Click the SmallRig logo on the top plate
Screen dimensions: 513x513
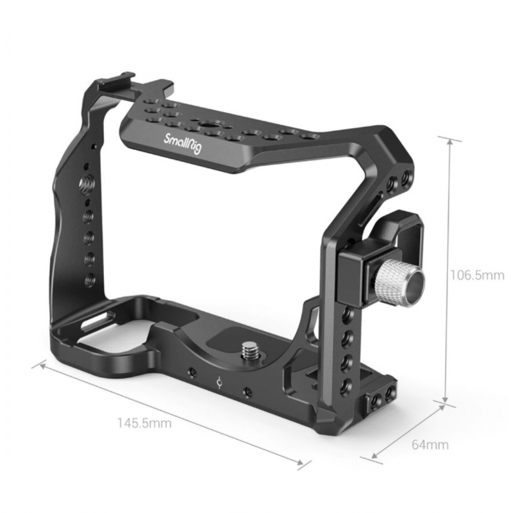(x=183, y=144)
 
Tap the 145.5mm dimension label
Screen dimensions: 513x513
(x=144, y=423)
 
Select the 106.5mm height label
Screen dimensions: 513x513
(x=477, y=276)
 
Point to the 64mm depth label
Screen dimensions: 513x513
(x=430, y=444)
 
